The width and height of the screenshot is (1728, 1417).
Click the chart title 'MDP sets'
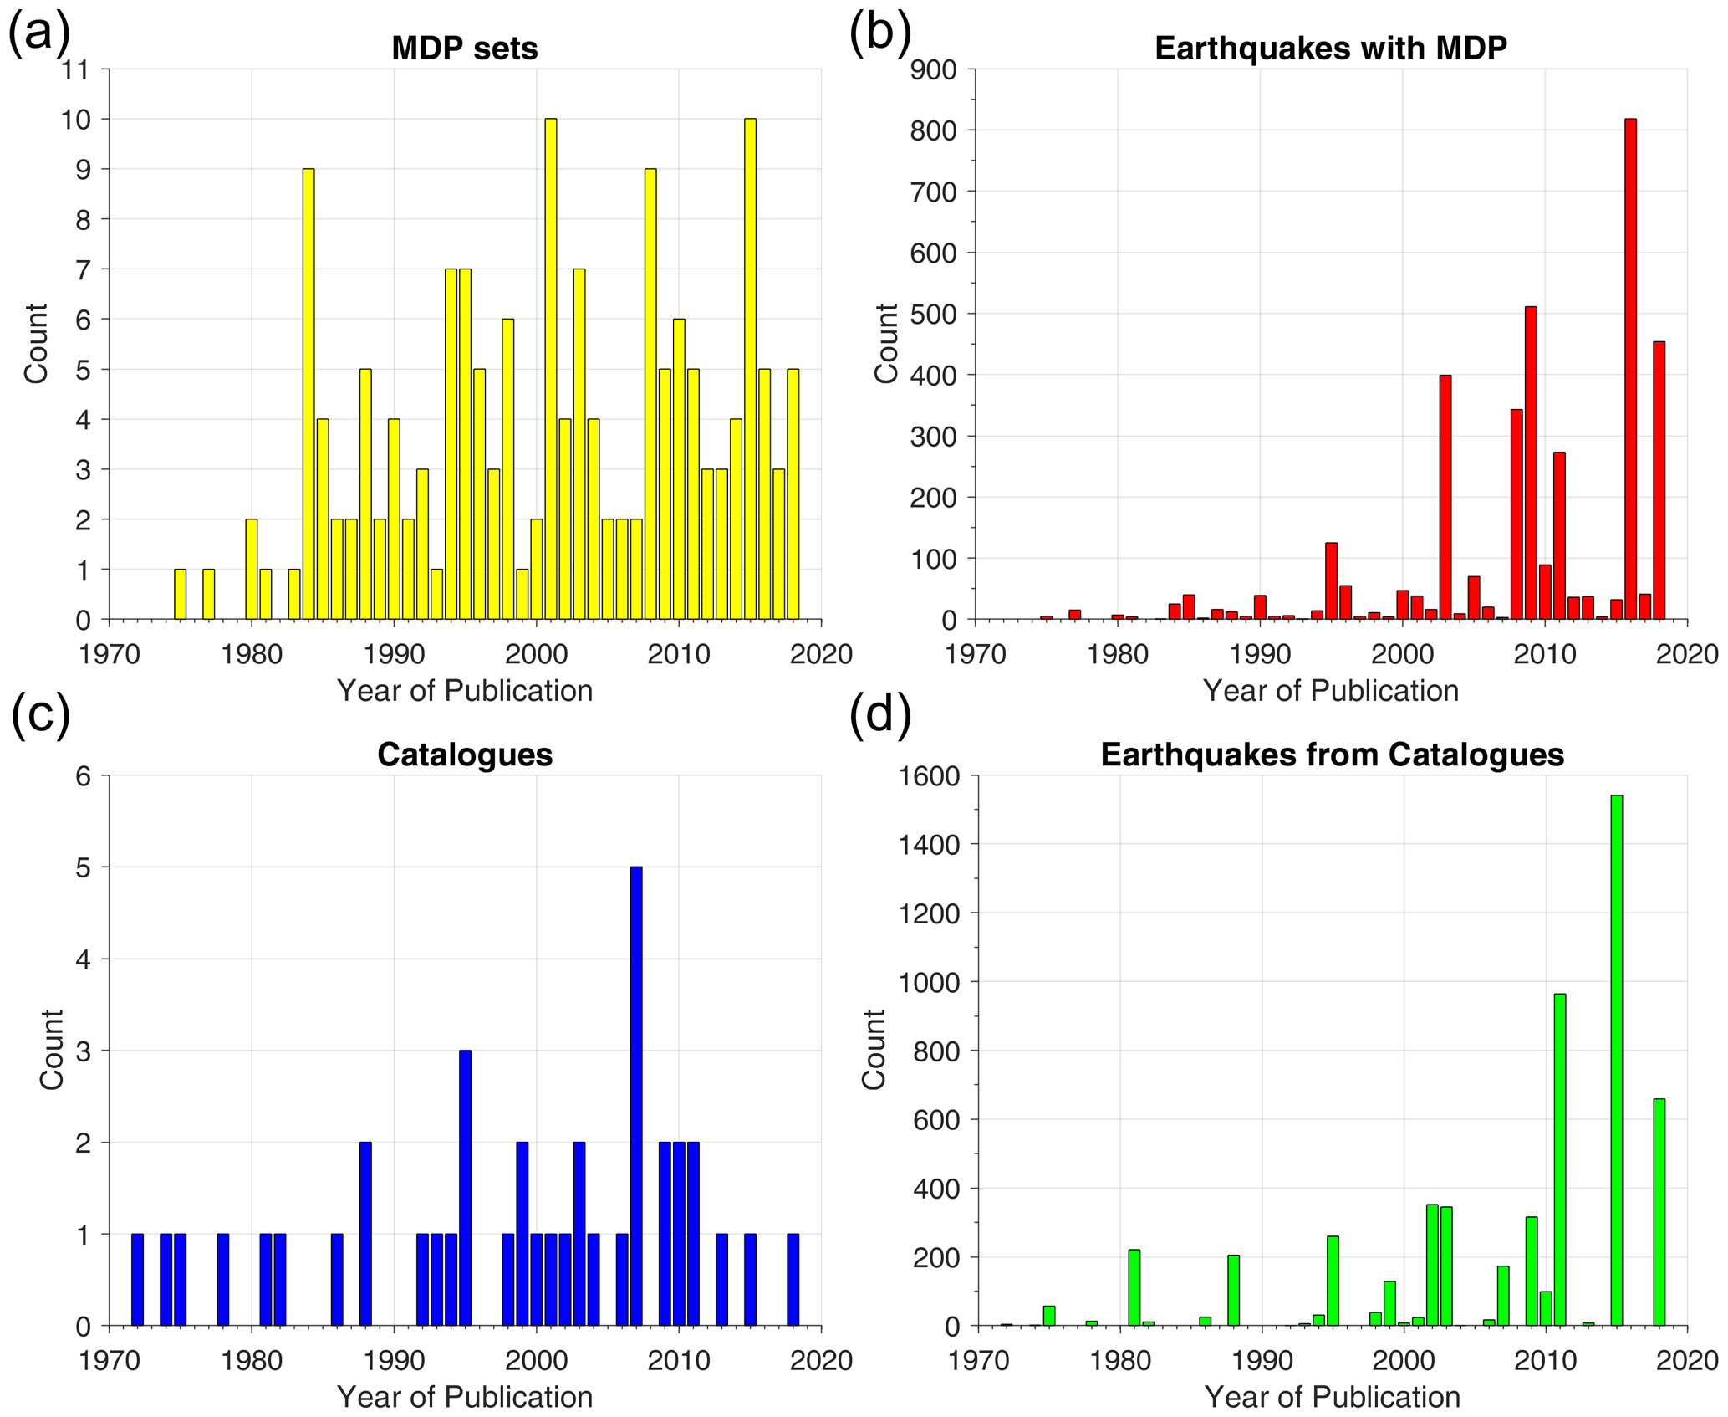tap(464, 49)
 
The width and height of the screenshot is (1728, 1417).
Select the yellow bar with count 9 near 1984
tap(308, 393)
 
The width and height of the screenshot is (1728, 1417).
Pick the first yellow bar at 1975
tap(180, 594)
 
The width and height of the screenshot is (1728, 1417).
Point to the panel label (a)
tap(38, 35)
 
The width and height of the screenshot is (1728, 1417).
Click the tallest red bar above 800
tap(1630, 368)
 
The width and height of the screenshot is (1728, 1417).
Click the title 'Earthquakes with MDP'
tap(1330, 49)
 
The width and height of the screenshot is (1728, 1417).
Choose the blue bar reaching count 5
tap(636, 1096)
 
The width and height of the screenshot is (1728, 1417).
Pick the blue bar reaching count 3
tap(466, 1188)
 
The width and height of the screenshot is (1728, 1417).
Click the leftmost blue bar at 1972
tap(137, 1280)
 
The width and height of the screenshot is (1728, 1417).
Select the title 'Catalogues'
tap(464, 755)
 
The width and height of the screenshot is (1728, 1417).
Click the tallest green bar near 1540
tap(1616, 1061)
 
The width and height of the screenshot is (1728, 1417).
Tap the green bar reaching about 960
tap(1559, 1159)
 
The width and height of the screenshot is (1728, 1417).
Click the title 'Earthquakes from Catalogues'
tap(1332, 755)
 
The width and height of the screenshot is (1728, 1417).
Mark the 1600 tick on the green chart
tap(928, 776)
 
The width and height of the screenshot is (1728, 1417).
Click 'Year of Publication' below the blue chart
tap(464, 1397)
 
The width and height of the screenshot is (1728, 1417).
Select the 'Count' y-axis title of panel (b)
tap(885, 344)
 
